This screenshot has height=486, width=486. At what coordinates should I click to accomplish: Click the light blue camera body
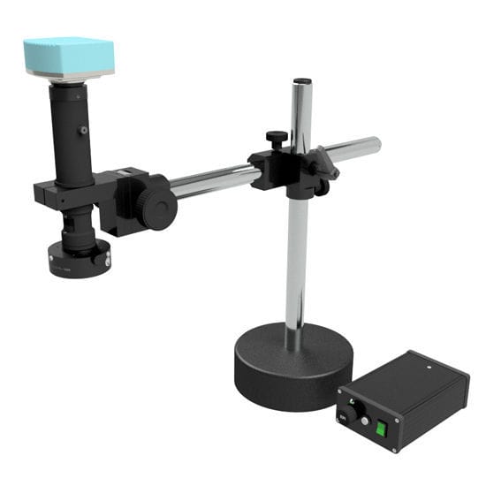coord(68,57)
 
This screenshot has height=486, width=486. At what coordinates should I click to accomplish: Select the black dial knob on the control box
coord(353,412)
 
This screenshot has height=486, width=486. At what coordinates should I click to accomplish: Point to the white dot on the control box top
coord(428,364)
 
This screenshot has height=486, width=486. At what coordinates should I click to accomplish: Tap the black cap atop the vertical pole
coord(301,82)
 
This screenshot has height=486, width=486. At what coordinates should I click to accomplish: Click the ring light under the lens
coord(79,259)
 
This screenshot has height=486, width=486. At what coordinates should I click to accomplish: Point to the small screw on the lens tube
coord(83,130)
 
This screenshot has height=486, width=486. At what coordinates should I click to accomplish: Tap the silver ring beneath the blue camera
coord(70,80)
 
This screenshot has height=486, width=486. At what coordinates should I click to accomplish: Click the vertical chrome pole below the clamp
coord(295,256)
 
